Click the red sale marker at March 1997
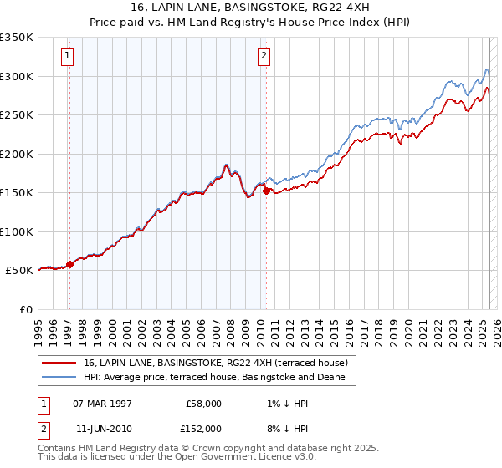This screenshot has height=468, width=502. pos(69,264)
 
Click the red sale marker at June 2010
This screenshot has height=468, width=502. pos(266,191)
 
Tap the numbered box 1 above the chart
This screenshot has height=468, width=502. pos(67,57)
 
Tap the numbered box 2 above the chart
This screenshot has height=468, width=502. pos(264,57)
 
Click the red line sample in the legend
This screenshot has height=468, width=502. pos(59,362)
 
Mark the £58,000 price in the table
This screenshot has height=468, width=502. pos(203,403)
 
